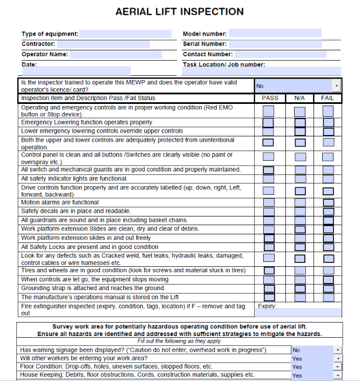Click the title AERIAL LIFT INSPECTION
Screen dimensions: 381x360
point(179,11)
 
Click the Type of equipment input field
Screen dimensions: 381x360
point(125,34)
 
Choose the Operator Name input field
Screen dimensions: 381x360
point(116,54)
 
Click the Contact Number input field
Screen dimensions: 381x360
point(281,54)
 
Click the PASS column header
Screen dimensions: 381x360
point(270,98)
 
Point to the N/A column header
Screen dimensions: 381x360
point(299,98)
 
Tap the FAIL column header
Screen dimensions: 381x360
point(328,98)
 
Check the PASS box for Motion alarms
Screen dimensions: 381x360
point(269,202)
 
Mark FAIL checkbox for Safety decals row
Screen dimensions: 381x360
point(328,211)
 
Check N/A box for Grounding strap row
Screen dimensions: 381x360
point(300,288)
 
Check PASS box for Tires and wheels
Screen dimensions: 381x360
point(269,271)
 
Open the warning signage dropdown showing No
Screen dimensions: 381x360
point(337,350)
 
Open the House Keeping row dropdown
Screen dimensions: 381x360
point(337,375)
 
